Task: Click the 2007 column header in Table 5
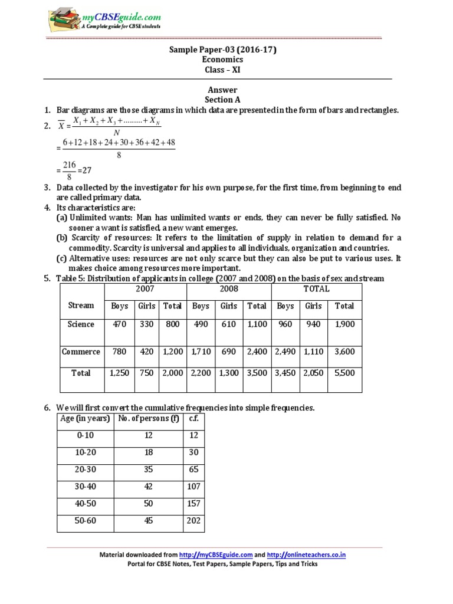(145, 289)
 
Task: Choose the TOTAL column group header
(316, 289)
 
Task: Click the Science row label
(81, 324)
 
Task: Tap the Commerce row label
(81, 352)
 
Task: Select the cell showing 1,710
(201, 352)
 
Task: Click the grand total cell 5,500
(344, 373)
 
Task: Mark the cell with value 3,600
(344, 352)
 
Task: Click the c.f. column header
(193, 419)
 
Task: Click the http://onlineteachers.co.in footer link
(306, 554)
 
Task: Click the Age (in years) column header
(86, 419)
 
